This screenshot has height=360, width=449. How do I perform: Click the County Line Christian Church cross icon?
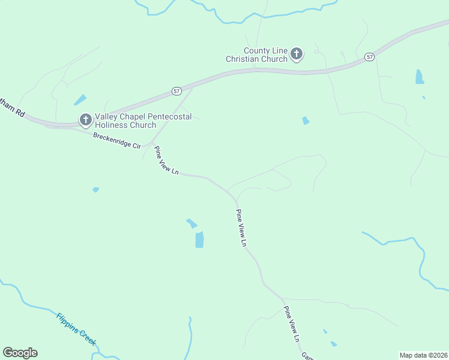click(296, 55)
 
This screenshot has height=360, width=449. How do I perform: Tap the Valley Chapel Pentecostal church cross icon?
click(85, 120)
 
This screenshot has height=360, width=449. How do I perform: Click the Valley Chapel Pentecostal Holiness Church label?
click(143, 121)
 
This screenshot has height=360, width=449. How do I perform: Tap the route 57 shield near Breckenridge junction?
click(176, 91)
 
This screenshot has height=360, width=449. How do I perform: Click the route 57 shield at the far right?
click(369, 56)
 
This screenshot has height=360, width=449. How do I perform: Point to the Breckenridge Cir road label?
click(116, 141)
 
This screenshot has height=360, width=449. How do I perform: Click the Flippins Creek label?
click(76, 328)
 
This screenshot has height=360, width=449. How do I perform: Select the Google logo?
click(20, 353)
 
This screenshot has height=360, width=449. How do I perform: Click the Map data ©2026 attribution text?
click(423, 355)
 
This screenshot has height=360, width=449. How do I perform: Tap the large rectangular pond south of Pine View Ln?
click(199, 239)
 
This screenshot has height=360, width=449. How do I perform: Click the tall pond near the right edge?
click(419, 77)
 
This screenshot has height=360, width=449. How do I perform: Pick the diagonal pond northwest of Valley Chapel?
click(80, 100)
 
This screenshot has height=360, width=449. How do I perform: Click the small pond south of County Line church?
click(306, 121)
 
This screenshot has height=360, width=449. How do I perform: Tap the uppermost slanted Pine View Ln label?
click(166, 160)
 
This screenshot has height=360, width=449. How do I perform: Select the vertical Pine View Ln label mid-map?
click(241, 228)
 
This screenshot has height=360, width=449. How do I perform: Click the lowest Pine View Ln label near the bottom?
click(291, 324)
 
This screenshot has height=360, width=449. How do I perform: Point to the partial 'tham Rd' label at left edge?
click(11, 108)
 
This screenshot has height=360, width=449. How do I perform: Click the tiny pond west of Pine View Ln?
click(95, 190)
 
